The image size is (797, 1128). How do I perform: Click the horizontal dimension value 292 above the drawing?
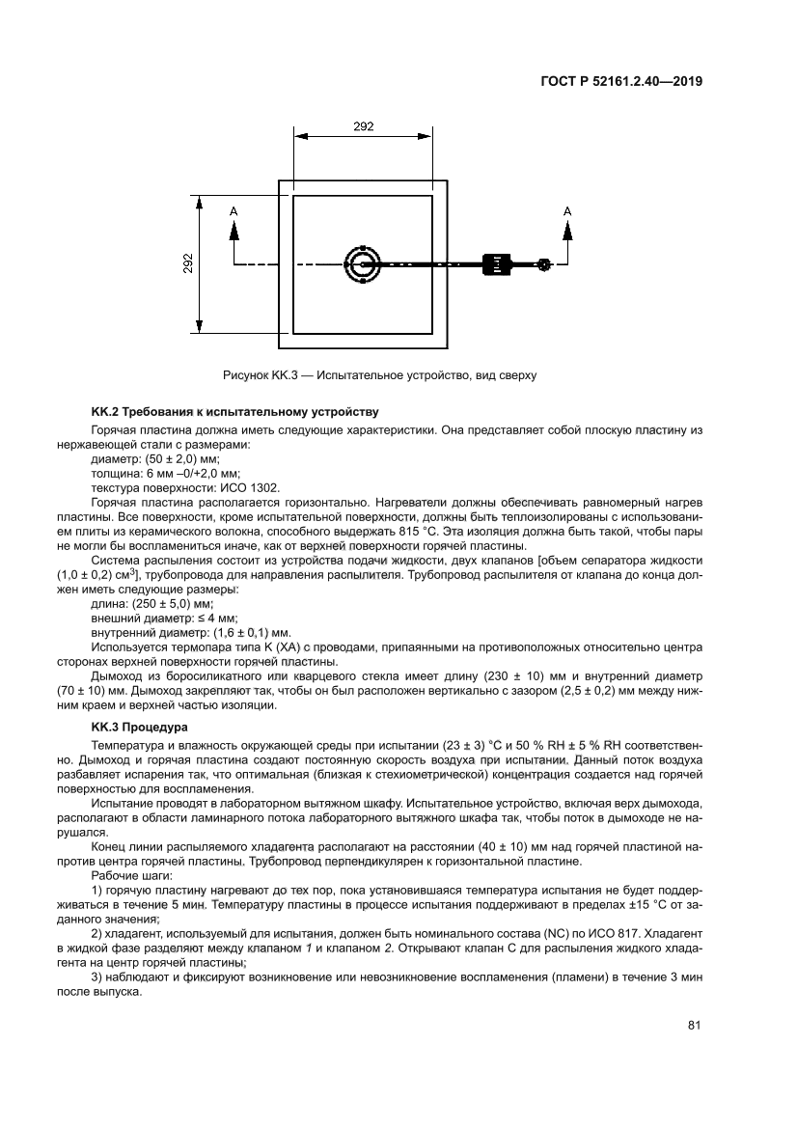[363, 126]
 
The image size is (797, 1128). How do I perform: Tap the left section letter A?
[233, 210]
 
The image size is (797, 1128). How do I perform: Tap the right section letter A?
[566, 210]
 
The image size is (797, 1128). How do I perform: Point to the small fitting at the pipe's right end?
[544, 264]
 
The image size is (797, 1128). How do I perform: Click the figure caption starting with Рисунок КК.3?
[379, 374]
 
